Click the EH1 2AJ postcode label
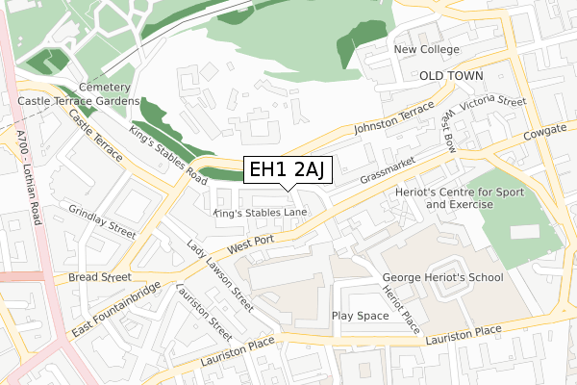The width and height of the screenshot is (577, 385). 288,170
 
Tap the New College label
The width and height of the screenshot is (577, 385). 428,49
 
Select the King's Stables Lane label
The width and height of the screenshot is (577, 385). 260,212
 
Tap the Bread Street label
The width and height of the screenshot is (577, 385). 99,277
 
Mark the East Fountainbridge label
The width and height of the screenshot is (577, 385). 115,309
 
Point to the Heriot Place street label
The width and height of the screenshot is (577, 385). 401,309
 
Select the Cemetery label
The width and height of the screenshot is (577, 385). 105,86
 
